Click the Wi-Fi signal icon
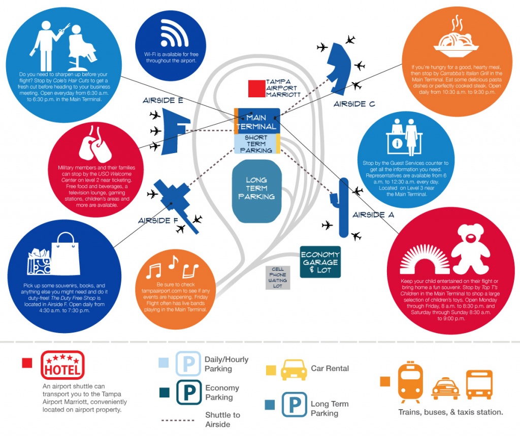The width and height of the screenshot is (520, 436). (x=175, y=33)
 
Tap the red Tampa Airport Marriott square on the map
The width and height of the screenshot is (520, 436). (x=256, y=89)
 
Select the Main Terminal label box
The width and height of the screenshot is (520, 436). (x=257, y=121)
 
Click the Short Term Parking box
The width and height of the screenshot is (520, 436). (x=257, y=143)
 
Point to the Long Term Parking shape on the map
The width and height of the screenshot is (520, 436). (x=256, y=191)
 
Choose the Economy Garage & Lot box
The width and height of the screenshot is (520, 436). (x=320, y=262)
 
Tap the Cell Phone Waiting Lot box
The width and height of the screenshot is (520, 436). (x=278, y=278)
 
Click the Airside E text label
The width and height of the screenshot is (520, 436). (x=163, y=100)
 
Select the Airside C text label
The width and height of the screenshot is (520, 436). (x=354, y=104)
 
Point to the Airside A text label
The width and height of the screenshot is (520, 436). (x=373, y=215)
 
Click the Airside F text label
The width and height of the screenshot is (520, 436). (x=158, y=221)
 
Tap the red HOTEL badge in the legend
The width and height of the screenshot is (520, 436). (x=62, y=365)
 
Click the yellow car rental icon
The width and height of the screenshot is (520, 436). (x=294, y=370)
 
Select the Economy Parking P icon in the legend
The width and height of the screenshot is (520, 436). (x=189, y=392)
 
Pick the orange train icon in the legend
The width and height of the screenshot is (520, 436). (x=410, y=381)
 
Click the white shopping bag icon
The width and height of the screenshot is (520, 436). (x=66, y=254)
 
